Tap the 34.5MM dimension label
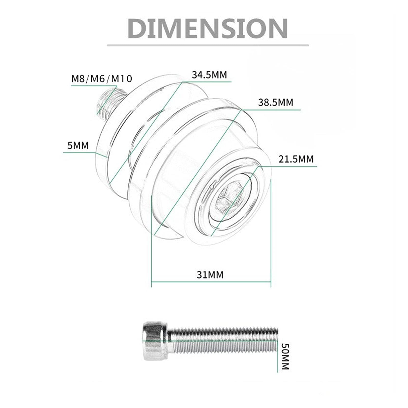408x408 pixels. point(209,75)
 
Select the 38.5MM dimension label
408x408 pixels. point(275,102)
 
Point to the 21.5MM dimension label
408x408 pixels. point(296,159)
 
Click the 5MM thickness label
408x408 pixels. point(78,146)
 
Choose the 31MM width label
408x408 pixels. point(210,275)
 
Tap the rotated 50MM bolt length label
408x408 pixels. point(285,357)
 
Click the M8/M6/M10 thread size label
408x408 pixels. point(102,78)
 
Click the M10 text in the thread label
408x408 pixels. point(122,78)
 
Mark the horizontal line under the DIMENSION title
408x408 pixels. point(208,45)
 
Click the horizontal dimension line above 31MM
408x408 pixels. point(211,282)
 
